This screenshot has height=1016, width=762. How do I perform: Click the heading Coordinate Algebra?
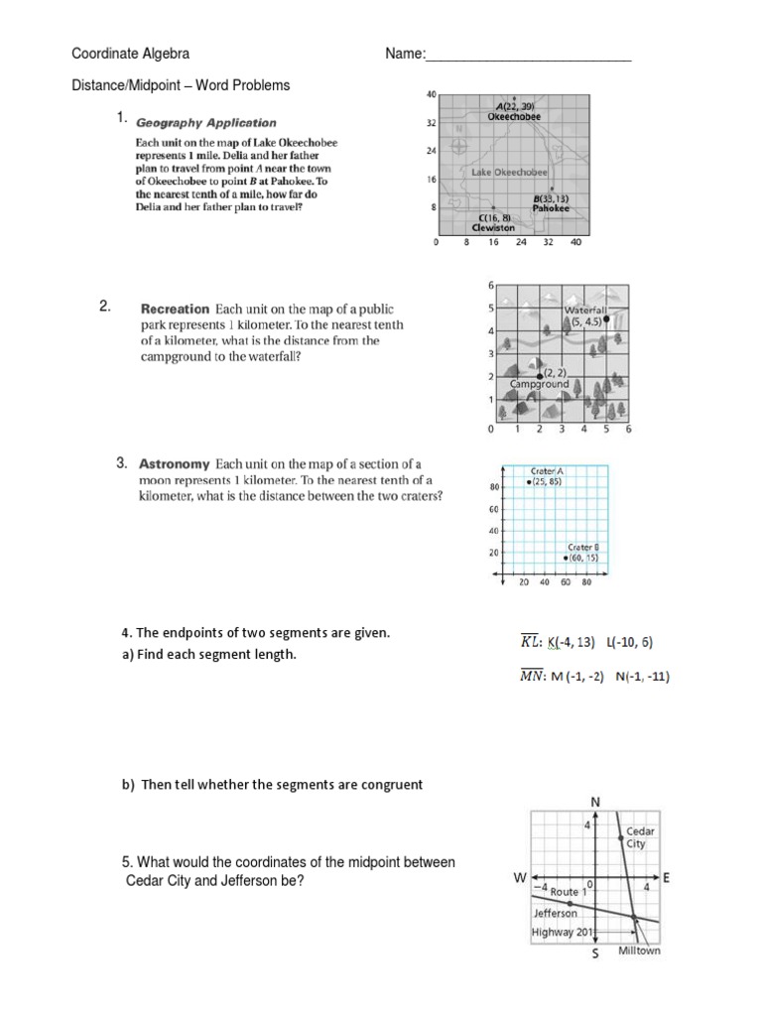(x=129, y=54)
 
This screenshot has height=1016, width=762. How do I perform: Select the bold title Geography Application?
(x=206, y=123)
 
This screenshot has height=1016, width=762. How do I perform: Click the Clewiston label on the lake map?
(x=493, y=227)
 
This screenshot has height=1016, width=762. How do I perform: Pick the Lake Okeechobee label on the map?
(x=510, y=172)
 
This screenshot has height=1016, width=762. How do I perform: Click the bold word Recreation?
(x=176, y=309)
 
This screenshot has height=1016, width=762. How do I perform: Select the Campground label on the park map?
(x=540, y=383)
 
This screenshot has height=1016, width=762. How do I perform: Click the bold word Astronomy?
(x=175, y=463)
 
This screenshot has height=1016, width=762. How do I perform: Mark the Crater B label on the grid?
(x=582, y=547)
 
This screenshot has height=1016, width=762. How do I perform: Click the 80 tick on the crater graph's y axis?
(x=493, y=487)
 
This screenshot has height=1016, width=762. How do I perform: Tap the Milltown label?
(x=639, y=951)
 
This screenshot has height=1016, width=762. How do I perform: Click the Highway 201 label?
(x=563, y=932)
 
